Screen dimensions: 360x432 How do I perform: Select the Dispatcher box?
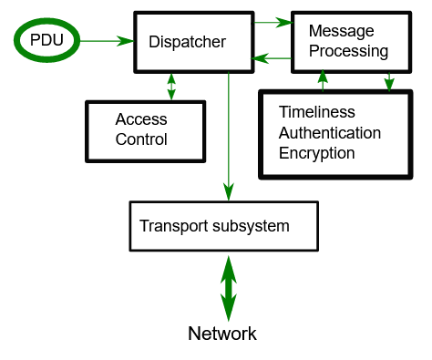tap(194, 42)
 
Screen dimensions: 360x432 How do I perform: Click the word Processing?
tap(348, 50)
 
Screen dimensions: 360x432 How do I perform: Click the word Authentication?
tap(330, 133)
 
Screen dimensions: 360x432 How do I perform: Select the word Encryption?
tap(316, 153)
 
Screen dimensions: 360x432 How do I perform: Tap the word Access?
tap(140, 119)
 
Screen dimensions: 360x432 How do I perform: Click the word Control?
tap(141, 139)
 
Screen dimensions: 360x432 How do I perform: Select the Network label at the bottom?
tap(222, 334)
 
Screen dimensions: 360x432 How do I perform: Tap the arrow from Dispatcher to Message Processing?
tap(273, 20)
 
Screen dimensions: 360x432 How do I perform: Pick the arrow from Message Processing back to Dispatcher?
tap(273, 60)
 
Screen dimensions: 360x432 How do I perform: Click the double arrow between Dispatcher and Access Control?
tap(170, 87)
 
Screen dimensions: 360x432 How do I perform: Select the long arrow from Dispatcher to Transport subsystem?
tap(228, 137)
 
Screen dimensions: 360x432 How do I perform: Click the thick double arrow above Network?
tap(228, 286)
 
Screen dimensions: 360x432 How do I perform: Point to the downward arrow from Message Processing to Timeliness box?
tap(389, 81)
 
